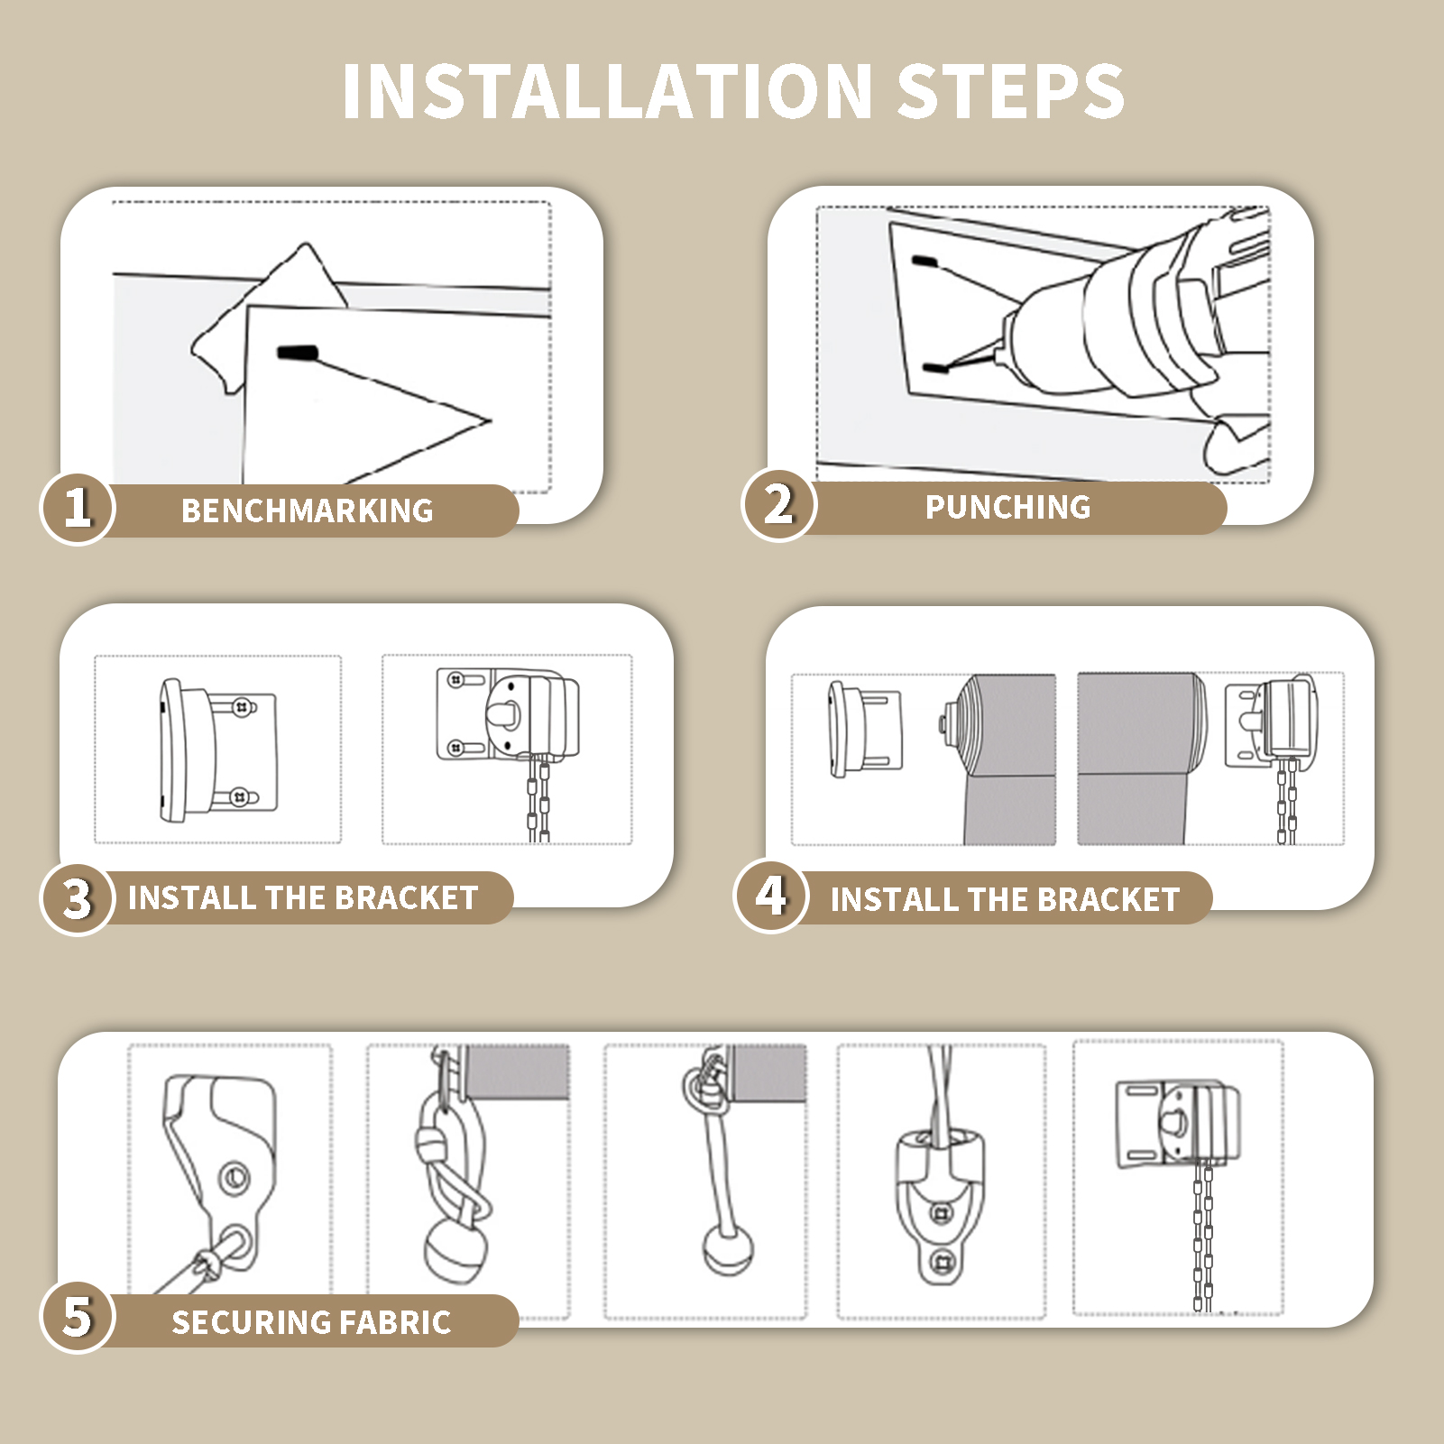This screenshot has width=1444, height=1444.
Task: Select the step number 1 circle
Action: point(78,509)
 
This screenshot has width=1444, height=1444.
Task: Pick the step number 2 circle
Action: point(778,505)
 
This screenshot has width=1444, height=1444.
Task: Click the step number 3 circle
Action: point(78,898)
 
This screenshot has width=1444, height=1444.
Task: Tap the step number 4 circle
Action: point(771,896)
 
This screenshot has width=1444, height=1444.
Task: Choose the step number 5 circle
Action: point(78,1318)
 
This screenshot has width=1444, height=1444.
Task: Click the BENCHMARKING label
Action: point(308,510)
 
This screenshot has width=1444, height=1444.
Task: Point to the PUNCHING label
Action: point(1008,507)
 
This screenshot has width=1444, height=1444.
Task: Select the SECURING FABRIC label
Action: point(311,1322)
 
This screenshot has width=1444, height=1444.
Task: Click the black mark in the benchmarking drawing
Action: point(298,353)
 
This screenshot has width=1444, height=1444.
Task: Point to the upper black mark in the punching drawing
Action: point(924,262)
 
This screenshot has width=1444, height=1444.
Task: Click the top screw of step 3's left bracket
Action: point(243,708)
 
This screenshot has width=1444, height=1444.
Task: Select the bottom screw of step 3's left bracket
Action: point(240,797)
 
